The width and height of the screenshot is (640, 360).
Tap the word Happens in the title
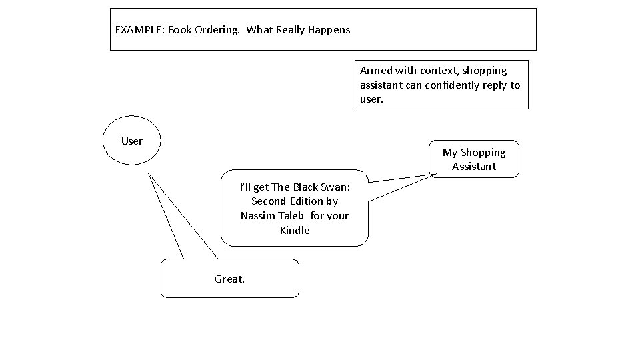(x=329, y=30)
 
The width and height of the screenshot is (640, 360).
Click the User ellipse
(x=132, y=141)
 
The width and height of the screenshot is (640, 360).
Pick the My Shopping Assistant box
(x=474, y=159)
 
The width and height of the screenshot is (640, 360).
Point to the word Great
(x=229, y=279)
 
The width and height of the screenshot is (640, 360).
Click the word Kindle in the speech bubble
(x=295, y=230)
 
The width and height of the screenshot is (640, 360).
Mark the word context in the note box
(x=437, y=70)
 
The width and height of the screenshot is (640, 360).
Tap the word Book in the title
(x=179, y=30)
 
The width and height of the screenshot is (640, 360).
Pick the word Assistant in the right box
(x=474, y=166)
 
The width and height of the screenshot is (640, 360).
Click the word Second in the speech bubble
(x=269, y=201)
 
